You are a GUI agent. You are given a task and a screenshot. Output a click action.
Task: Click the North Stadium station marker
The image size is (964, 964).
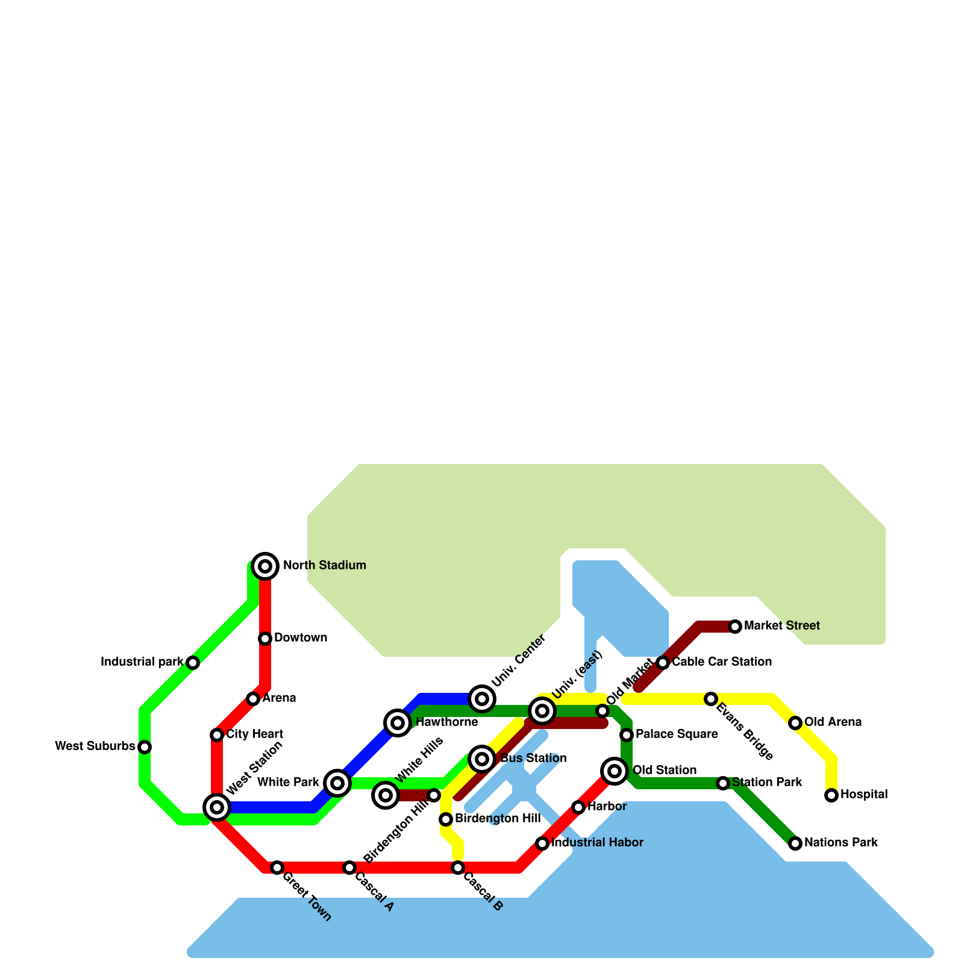coord(265,566)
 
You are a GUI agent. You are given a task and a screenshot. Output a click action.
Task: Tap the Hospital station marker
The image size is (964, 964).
coord(831,795)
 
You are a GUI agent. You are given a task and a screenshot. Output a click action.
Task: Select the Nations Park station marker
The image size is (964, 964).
coord(795,843)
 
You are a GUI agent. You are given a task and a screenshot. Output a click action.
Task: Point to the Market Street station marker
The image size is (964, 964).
coord(735,627)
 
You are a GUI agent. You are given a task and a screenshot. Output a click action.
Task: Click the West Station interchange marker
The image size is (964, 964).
coord(217,807)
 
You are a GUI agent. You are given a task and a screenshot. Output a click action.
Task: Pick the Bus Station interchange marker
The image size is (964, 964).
coord(482,759)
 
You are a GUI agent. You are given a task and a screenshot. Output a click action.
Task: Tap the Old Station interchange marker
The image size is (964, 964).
coord(615,771)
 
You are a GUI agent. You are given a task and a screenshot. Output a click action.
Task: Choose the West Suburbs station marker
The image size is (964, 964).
coord(145,747)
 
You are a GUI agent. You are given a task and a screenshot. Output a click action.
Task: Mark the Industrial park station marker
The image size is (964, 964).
coord(193,663)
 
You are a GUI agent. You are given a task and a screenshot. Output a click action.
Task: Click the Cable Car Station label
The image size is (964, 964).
coord(722,662)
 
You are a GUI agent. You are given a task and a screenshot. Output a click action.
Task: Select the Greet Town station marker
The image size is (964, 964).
coord(277,868)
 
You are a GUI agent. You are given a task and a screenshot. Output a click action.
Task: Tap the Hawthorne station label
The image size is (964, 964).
coord(446,722)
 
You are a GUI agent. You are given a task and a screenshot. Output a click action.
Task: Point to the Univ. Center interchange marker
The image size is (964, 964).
coord(482,699)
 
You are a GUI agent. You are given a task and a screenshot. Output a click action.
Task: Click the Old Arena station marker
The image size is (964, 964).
coord(795,723)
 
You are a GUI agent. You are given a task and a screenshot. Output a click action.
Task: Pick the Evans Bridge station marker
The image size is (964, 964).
coord(711,699)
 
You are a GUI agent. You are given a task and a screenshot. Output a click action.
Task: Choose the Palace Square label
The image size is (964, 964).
coord(677,734)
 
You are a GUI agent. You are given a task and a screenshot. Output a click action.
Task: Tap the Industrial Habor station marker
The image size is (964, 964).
coord(542,843)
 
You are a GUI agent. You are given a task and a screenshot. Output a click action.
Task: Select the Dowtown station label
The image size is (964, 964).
coord(301,638)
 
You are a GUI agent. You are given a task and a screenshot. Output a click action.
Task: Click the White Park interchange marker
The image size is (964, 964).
coord(337,783)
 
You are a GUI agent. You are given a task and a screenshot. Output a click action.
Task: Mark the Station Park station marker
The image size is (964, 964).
coord(723,783)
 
